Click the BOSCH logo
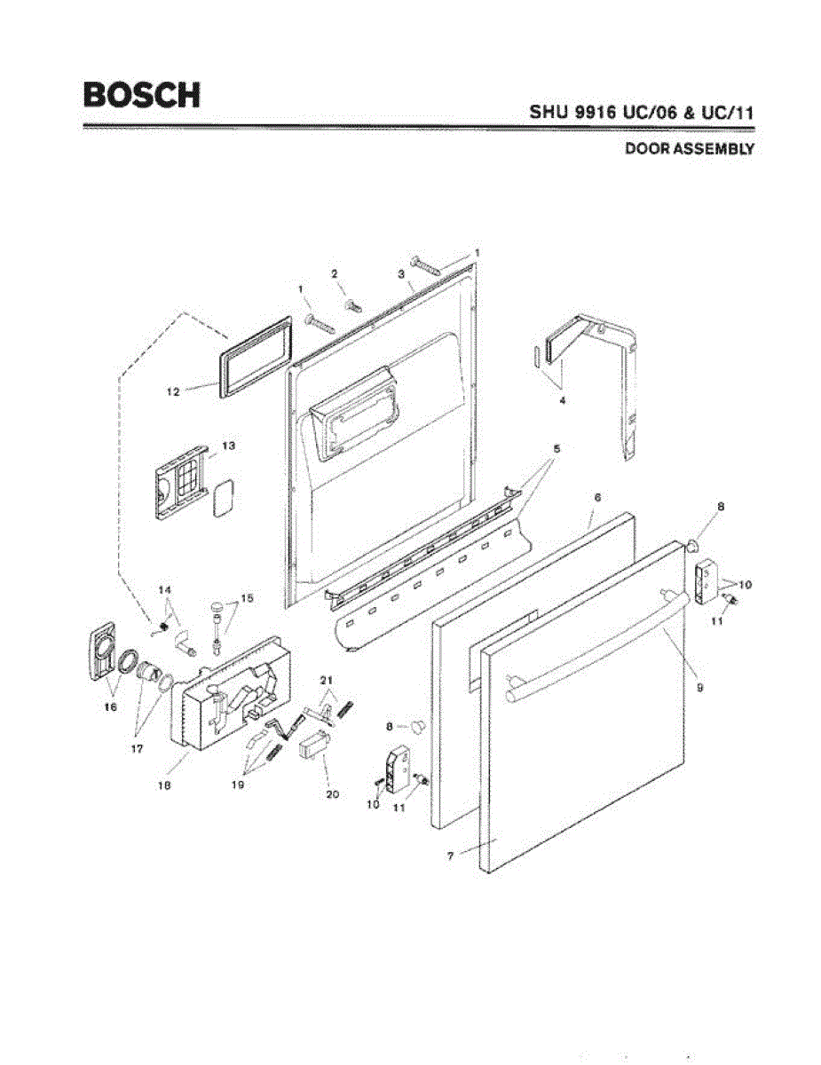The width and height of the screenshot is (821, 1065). point(141,94)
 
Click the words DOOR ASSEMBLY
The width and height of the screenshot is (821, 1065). point(690,149)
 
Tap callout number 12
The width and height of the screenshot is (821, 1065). point(173,390)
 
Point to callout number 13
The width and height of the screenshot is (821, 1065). point(228,446)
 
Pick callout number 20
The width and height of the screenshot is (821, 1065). point(333,794)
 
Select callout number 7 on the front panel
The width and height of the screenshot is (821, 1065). point(451,856)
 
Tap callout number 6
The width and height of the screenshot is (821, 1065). point(597,499)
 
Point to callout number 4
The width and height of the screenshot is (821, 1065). point(562,400)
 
